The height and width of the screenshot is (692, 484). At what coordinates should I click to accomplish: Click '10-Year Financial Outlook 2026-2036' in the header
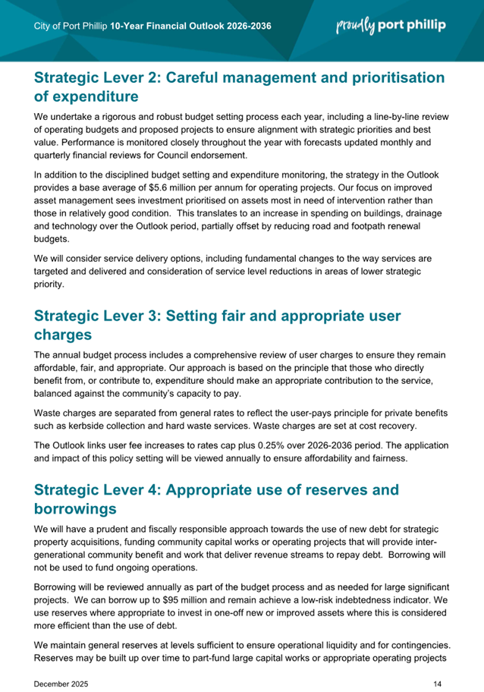(x=190, y=27)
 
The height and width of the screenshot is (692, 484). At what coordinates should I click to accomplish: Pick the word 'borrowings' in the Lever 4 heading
(x=85, y=507)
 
